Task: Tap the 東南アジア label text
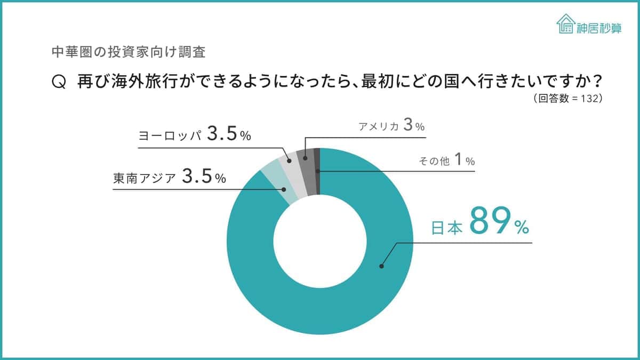[144, 178]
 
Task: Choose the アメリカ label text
[378, 126]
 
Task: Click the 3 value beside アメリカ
[408, 126]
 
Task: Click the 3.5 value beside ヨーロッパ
[221, 134]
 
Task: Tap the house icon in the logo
[565, 24]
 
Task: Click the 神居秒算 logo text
[598, 28]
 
